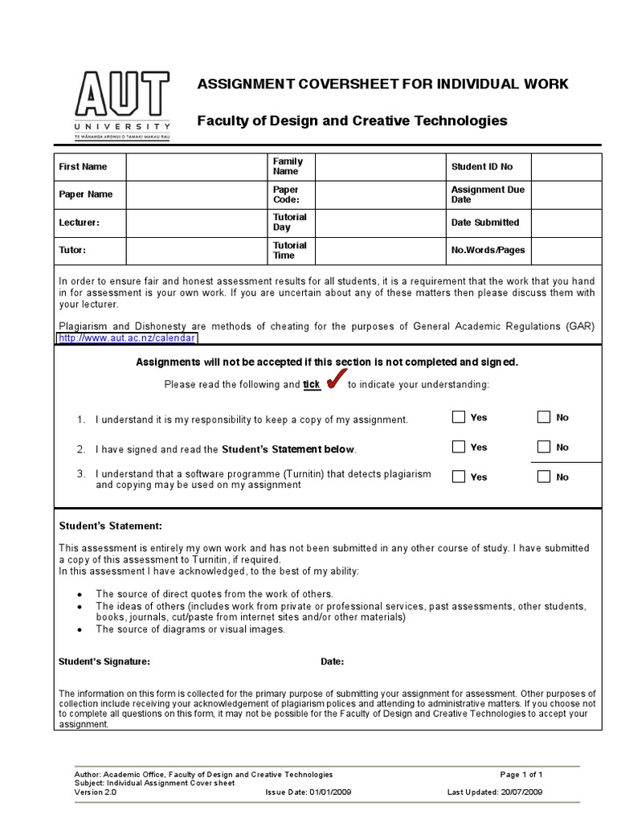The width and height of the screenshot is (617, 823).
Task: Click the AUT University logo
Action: coord(122,104)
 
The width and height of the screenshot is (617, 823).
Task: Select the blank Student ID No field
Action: coord(566,167)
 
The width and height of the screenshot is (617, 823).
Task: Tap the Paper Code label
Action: coord(286,194)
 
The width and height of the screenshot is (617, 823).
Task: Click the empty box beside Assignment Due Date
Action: coord(566,194)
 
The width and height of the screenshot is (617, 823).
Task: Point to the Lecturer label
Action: coord(80,223)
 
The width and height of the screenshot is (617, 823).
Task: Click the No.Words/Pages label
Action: coord(488,250)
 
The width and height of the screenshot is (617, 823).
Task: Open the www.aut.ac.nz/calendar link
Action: coord(127,339)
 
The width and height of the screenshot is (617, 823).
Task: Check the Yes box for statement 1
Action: coord(459,417)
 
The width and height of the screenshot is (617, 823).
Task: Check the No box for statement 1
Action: coord(544,417)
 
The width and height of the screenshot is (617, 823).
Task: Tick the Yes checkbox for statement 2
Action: coord(459,447)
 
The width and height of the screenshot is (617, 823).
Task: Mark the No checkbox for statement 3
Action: coord(544,477)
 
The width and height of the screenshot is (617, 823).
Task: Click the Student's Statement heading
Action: coord(111,526)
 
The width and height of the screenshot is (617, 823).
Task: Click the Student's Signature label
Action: coord(104,661)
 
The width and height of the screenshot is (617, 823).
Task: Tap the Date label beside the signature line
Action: coord(333,661)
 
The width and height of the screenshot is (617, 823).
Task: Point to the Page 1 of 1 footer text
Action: coord(521,775)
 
